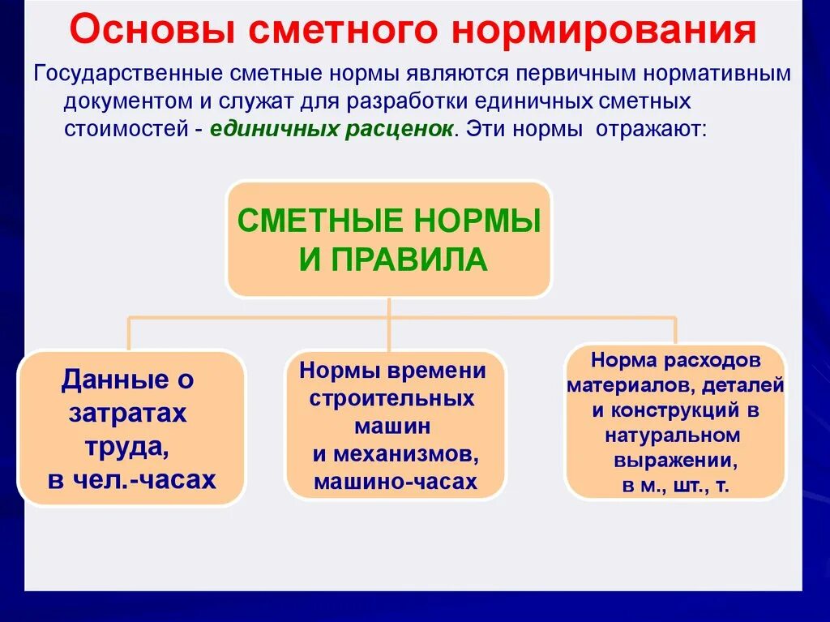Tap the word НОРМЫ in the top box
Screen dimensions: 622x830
tap(478, 221)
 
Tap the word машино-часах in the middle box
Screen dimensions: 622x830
tap(395, 482)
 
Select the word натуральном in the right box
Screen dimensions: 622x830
tap(672, 435)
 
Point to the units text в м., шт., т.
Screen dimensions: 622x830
tap(674, 487)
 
